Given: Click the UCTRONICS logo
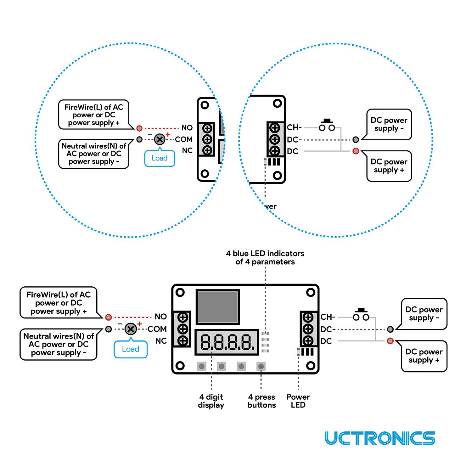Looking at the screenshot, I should tap(380, 438).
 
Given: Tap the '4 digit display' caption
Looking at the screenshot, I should tap(211, 401).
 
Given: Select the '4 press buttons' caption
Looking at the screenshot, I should tap(261, 401).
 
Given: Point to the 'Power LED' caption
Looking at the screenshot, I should tap(298, 401).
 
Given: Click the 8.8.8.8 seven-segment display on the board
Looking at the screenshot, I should tap(226, 342).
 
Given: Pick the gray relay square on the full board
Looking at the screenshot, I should tap(217, 307).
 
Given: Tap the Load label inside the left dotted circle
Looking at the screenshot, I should tap(160, 158).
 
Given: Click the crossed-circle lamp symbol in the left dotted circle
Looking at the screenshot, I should tap(160, 139).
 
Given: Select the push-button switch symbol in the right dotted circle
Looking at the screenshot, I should tap(327, 125).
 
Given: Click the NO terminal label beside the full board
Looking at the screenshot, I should tap(160, 317).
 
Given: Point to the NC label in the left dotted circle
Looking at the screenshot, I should tap(187, 150).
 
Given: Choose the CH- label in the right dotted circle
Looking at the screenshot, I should tap(294, 127).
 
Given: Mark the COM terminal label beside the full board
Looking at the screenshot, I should tap(157, 329).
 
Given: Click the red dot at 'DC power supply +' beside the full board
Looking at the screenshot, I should tap(390, 341).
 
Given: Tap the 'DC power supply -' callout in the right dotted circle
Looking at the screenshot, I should tap(389, 124).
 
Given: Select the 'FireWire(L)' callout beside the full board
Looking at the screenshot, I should tap(59, 303).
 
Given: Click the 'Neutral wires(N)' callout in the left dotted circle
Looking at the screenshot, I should tap(94, 154).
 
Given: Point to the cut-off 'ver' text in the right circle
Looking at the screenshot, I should tap(271, 206).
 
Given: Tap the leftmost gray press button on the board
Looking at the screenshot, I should tap(202, 366).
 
